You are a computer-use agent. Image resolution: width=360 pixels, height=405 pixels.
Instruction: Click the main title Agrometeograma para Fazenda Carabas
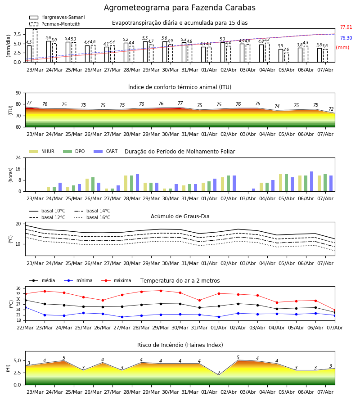[180, 8]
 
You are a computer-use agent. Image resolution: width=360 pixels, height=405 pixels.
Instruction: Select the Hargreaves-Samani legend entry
[57, 17]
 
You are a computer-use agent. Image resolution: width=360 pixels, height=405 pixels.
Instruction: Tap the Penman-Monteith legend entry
[55, 24]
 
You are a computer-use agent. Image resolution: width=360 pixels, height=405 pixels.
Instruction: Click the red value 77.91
[346, 27]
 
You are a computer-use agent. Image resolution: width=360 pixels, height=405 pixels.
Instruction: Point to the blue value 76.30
[346, 38]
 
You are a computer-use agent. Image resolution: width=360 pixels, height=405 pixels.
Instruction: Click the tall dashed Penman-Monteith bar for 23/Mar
[35, 46]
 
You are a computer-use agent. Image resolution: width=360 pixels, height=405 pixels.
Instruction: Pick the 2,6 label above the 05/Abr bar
[286, 49]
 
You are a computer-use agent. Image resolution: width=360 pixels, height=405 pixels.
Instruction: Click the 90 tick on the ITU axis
[18, 93]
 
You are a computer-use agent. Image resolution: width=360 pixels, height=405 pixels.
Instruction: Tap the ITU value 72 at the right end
[331, 109]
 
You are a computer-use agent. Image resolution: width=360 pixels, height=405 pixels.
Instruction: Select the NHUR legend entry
[42, 151]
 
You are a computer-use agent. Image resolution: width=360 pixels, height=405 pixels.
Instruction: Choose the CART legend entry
[106, 151]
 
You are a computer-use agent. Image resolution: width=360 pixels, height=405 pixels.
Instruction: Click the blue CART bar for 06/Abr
[312, 181]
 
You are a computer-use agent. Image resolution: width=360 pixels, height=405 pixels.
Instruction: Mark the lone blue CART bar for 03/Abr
[254, 190]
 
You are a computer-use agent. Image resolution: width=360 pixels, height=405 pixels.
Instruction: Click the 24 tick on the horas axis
[18, 158]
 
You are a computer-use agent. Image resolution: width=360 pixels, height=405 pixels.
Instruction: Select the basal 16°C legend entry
[92, 217]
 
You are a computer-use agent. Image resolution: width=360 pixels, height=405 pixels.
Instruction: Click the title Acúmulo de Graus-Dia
[180, 216]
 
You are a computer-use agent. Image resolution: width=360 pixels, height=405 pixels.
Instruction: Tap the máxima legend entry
[117, 280]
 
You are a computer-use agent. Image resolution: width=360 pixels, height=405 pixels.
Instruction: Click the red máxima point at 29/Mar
[161, 291]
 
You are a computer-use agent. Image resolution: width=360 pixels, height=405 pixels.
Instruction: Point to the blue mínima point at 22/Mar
[25, 308]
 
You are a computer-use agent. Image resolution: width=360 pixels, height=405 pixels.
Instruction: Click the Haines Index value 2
[219, 373]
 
